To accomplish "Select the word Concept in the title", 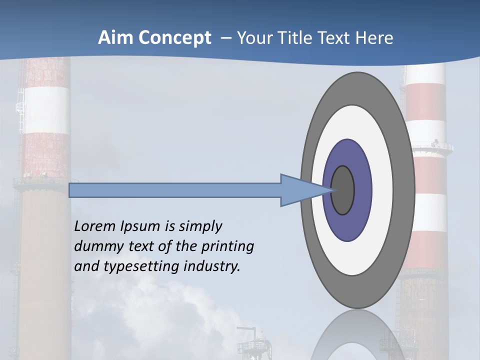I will [x=174, y=38].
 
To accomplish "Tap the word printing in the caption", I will [x=228, y=247].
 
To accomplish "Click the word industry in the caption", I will [x=212, y=266].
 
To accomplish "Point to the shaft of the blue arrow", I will [x=175, y=190].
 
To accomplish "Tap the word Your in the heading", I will [x=253, y=38].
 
